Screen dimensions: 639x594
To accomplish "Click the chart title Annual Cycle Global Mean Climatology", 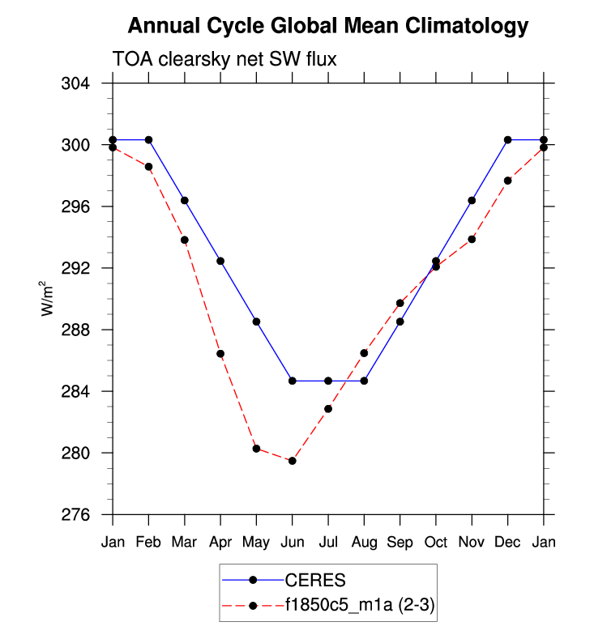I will [328, 26].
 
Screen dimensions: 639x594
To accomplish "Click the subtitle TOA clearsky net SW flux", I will [224, 59].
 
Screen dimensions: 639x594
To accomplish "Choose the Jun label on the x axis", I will [292, 542].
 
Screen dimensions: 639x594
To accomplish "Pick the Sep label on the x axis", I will [400, 542].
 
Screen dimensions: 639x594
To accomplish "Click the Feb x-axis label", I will [148, 542].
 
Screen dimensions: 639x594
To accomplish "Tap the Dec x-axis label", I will [507, 542].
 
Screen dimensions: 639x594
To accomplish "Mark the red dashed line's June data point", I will [292, 461].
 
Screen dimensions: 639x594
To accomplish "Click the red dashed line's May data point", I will [256, 449].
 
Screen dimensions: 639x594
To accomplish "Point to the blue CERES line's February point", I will [148, 140].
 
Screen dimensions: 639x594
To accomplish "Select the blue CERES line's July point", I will [328, 381].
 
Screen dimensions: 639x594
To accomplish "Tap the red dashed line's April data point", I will [220, 354].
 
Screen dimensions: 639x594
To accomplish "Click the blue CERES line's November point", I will [472, 200].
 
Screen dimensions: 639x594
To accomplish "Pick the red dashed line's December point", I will [507, 181].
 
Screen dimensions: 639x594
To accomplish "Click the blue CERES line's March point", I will [185, 200].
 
